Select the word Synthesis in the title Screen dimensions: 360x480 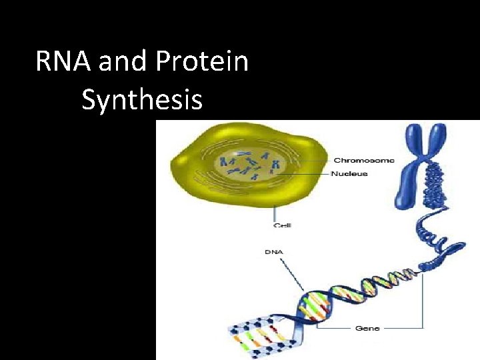[142, 99]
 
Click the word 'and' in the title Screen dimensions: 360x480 [123, 63]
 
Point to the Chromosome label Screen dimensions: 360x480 [363, 160]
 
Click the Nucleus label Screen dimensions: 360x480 [350, 174]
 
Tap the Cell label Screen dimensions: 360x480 [283, 225]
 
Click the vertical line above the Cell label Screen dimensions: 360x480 [274, 212]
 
